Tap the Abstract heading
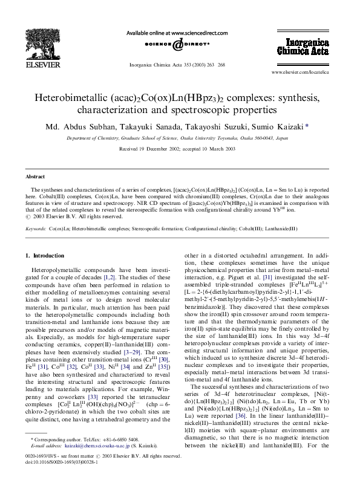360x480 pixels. [35, 177]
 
